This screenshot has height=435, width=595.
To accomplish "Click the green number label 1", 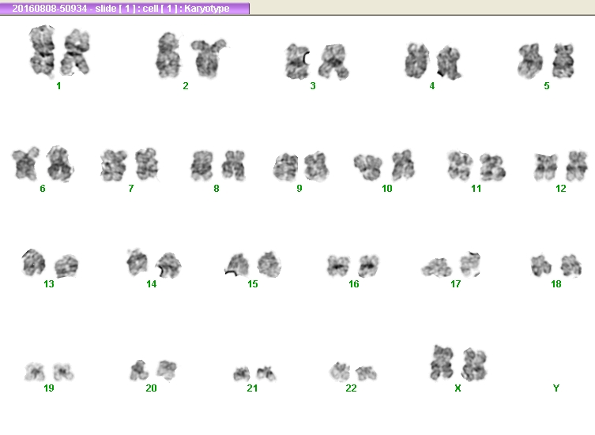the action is click(58, 86).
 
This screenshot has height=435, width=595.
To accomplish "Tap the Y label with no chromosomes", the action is click(556, 388).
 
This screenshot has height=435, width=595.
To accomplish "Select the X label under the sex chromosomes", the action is click(458, 388).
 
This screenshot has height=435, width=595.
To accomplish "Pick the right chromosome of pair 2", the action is click(209, 58).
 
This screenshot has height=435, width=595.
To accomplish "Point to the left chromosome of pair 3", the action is click(297, 62).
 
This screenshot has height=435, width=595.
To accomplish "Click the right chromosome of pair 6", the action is click(59, 164).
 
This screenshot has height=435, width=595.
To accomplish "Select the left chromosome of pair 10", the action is click(367, 166).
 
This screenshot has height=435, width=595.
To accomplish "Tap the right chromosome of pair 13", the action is click(66, 266).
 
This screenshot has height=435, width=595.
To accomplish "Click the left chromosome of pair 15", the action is click(238, 264).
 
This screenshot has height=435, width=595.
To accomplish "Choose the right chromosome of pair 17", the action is click(470, 264).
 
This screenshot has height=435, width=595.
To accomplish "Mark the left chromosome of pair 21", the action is click(241, 374).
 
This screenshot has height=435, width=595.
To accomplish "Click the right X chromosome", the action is click(474, 364).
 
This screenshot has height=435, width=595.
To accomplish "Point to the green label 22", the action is click(351, 388).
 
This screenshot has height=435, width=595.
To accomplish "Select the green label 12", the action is click(560, 189).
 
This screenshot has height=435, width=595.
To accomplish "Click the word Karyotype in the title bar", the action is click(207, 9).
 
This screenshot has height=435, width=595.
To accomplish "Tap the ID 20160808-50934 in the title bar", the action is click(49, 9).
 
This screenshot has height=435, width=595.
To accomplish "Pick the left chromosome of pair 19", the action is click(35, 371).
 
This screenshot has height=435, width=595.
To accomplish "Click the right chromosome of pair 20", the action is click(167, 369).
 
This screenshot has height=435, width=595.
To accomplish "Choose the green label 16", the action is click(354, 284).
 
